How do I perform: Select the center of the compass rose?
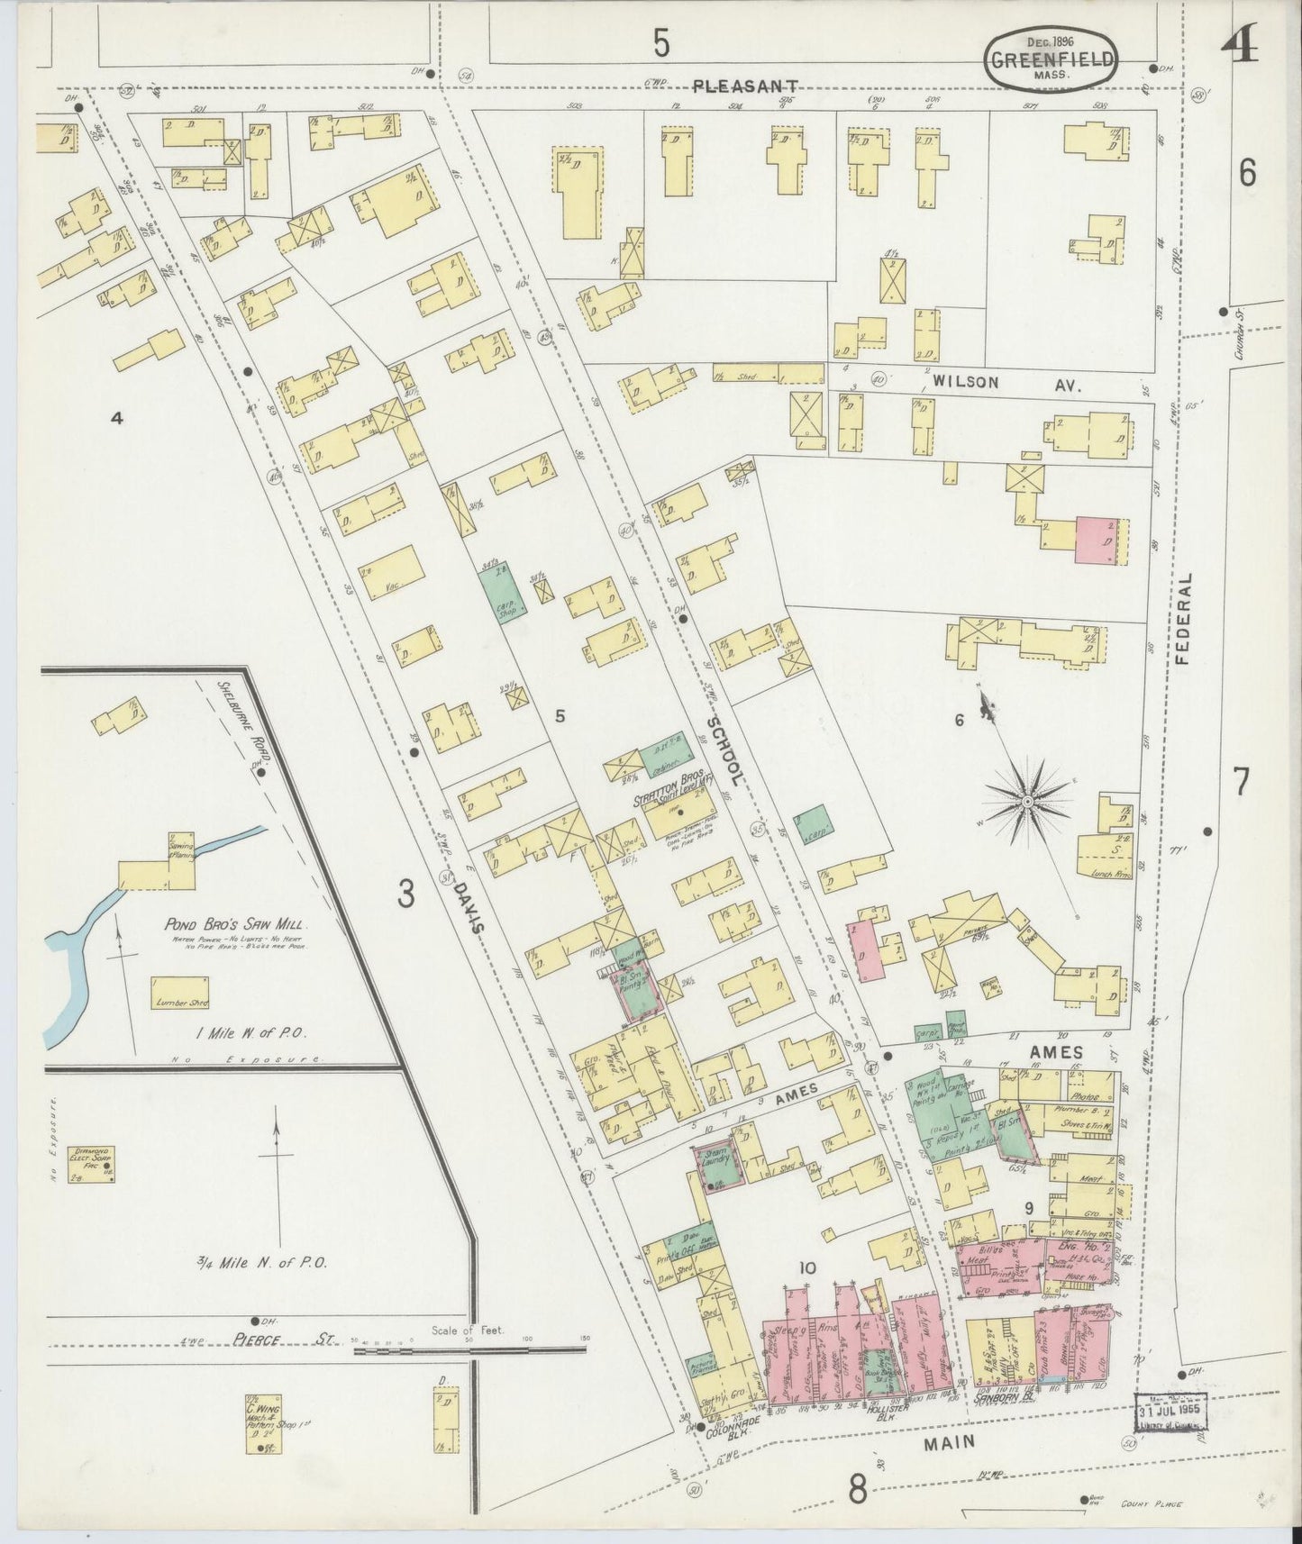click(1026, 799)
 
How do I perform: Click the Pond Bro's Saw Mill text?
click(236, 924)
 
